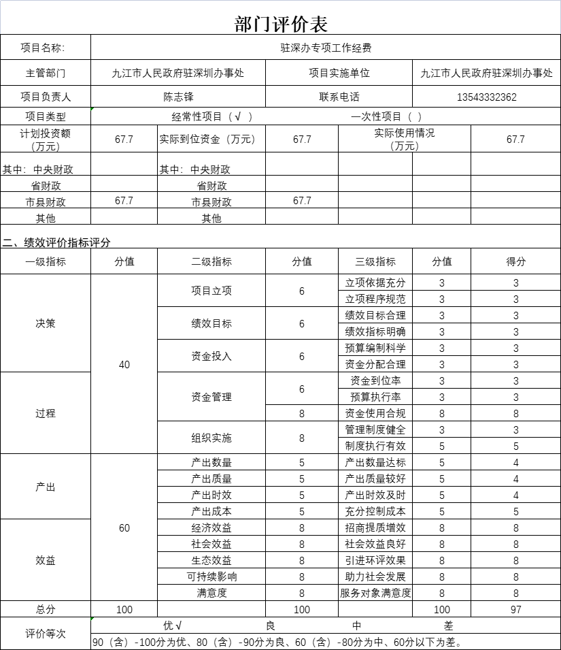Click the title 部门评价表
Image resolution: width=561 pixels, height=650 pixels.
[x=280, y=25]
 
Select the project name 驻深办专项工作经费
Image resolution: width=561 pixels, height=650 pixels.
[x=326, y=48]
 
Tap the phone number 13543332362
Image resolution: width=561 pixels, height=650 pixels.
[x=486, y=97]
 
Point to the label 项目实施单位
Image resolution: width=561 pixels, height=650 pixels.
[x=339, y=73]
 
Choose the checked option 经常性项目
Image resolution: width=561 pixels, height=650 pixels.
[x=211, y=117]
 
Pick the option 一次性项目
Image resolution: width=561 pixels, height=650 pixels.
[x=386, y=117]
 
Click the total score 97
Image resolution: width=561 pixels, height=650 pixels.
[x=515, y=610]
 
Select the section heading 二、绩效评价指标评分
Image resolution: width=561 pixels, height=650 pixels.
[x=56, y=243]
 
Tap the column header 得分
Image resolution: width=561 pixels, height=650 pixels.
[x=515, y=261]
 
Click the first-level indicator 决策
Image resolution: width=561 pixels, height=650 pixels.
[x=46, y=323]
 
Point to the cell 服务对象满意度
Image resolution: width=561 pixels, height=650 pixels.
[x=375, y=594]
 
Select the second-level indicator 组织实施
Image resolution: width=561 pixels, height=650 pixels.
[x=211, y=438]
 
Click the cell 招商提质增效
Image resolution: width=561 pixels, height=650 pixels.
[x=375, y=528]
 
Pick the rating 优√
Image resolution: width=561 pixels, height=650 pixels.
[x=172, y=625]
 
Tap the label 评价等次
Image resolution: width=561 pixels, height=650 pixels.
[x=46, y=634]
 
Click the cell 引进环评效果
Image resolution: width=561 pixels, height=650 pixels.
[x=375, y=561]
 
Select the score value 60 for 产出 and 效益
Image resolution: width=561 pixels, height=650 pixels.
[x=124, y=528]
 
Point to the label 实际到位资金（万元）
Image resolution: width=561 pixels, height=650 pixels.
[x=207, y=140]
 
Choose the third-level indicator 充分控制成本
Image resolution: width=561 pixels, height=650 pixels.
[x=375, y=512]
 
